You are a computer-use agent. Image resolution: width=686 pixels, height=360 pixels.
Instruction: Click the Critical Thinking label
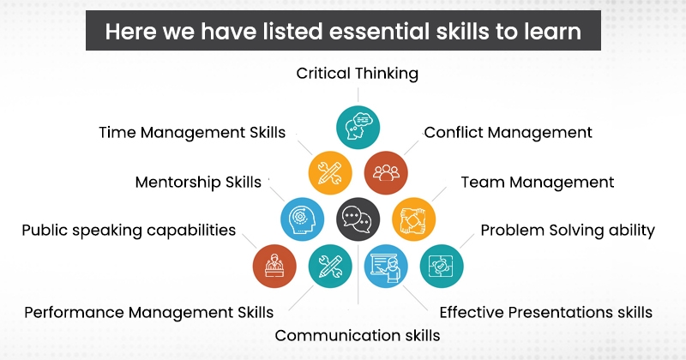(x=358, y=74)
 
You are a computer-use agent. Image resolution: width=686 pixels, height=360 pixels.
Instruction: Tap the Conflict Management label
(x=508, y=132)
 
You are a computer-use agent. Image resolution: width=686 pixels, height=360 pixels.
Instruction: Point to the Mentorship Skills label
(x=199, y=182)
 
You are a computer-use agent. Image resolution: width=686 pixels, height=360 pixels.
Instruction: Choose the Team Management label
(x=538, y=182)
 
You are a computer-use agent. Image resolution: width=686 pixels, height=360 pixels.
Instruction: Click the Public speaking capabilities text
(x=129, y=230)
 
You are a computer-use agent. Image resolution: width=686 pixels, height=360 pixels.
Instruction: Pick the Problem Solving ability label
(x=568, y=230)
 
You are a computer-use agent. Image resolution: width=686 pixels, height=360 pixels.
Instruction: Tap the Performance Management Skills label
(x=149, y=311)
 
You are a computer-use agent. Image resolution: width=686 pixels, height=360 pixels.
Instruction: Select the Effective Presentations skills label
(x=546, y=311)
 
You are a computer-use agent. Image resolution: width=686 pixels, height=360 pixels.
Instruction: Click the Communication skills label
(x=358, y=334)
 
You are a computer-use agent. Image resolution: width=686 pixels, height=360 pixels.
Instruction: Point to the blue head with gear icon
(x=302, y=219)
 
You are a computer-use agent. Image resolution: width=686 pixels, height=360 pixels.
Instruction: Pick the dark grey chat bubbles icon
(x=358, y=219)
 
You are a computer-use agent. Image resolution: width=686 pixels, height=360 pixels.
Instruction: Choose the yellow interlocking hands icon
(x=413, y=219)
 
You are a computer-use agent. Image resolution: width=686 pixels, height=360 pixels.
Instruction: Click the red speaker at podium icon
(x=274, y=266)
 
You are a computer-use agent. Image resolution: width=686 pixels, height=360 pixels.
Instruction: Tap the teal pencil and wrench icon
(x=330, y=266)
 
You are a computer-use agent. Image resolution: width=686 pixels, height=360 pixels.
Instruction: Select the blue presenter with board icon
(x=386, y=266)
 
